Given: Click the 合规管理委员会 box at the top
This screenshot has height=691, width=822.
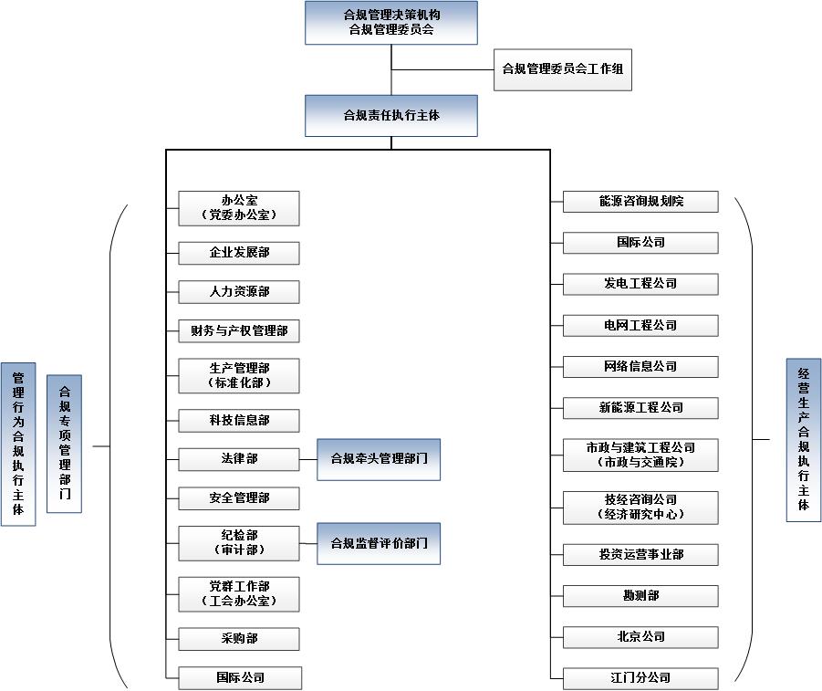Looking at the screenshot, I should click(391, 23).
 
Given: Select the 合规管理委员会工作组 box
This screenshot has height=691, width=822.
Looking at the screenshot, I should click(562, 69).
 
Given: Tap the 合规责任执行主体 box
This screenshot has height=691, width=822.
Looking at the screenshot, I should click(391, 116).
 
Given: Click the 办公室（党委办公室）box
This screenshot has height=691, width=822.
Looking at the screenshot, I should click(238, 208).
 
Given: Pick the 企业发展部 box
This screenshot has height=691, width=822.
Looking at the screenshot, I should click(238, 253).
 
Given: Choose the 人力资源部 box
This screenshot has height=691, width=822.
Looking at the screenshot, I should click(238, 292).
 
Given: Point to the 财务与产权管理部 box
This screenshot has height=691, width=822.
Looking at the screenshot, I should click(238, 330).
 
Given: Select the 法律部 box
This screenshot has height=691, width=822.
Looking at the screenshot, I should click(238, 459).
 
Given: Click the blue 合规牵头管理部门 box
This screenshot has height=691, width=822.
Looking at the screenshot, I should click(379, 459).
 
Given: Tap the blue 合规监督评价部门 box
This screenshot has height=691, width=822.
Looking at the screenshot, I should click(379, 544).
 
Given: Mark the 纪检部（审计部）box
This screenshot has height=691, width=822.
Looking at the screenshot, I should click(238, 543).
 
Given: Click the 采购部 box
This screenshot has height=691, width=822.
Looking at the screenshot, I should click(238, 639).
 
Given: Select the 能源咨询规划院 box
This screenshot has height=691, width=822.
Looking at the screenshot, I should click(640, 202).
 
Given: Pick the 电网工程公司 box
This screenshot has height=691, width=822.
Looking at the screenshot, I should click(640, 326).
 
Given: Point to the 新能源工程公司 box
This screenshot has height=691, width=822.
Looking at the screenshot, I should click(640, 407).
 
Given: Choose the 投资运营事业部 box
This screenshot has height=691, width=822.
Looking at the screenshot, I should click(640, 554).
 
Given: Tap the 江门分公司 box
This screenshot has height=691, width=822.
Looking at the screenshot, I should click(640, 678).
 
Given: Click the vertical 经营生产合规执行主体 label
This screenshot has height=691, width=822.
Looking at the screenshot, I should click(803, 440).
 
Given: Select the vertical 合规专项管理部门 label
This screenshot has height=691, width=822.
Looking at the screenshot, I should click(64, 443).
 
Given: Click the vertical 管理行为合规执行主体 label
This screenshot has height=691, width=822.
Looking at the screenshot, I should click(18, 444).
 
